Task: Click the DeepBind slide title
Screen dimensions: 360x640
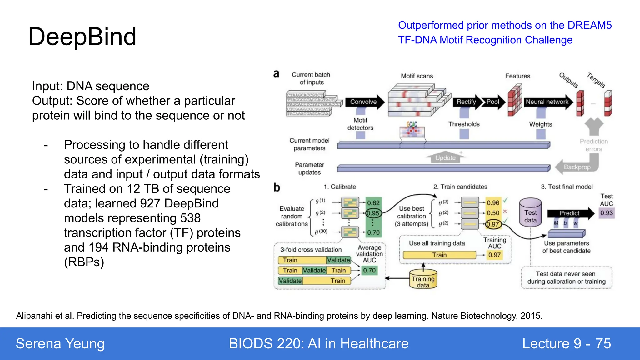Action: pyautogui.click(x=82, y=37)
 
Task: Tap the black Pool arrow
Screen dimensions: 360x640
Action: pyautogui.click(x=493, y=102)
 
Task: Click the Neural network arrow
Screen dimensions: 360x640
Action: pyautogui.click(x=547, y=102)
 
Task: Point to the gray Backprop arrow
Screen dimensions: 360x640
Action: pyautogui.click(x=577, y=167)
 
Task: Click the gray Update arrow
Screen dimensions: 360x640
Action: pyautogui.click(x=445, y=158)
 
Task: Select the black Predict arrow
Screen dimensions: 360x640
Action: pyautogui.click(x=570, y=213)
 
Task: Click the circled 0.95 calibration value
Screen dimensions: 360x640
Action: pyautogui.click(x=373, y=213)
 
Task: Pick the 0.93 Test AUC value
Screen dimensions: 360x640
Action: pyautogui.click(x=606, y=213)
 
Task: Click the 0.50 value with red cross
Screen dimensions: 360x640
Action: pyautogui.click(x=493, y=213)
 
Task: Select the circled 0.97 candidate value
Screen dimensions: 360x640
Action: pyautogui.click(x=493, y=224)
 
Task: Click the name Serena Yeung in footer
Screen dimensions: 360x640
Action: pyautogui.click(x=60, y=344)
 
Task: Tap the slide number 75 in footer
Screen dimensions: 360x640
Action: pyautogui.click(x=603, y=344)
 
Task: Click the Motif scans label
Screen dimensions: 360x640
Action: pyautogui.click(x=417, y=76)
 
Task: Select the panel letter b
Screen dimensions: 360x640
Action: pyautogui.click(x=277, y=187)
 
